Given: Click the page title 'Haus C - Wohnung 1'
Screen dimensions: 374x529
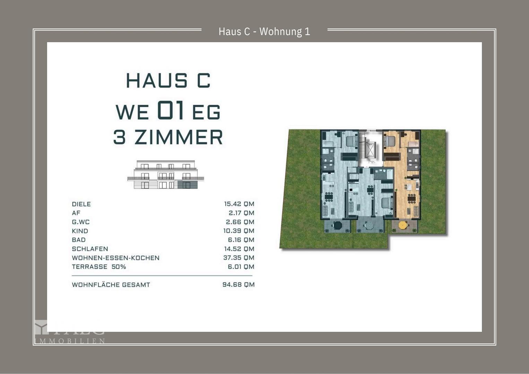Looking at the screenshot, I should coord(264,32).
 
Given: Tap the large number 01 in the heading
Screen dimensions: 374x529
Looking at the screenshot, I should coord(170,110).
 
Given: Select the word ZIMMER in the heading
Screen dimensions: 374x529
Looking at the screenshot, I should coord(179,137).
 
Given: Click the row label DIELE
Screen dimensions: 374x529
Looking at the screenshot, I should coord(81,204).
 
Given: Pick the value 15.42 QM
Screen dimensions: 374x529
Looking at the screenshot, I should coord(239,204).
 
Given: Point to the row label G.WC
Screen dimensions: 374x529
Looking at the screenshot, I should coord(80,222).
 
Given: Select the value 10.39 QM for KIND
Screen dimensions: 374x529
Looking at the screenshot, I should coord(239,231).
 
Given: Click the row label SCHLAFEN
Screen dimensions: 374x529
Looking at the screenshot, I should coord(90,249).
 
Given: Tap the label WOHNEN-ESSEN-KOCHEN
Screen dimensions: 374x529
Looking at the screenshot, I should coord(115,258).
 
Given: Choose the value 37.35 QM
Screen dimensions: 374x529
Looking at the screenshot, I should coord(239,258).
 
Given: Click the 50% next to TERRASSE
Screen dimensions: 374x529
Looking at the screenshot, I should coord(119,267).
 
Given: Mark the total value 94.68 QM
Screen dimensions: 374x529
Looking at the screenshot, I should coord(238,285).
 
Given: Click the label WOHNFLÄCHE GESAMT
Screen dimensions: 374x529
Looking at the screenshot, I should coord(111,285).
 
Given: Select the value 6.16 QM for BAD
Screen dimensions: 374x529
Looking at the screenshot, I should coord(241,240).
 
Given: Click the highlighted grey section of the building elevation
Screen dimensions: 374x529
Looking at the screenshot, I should coord(187,185).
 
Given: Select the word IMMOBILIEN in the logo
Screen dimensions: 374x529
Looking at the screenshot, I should coord(70,341).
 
